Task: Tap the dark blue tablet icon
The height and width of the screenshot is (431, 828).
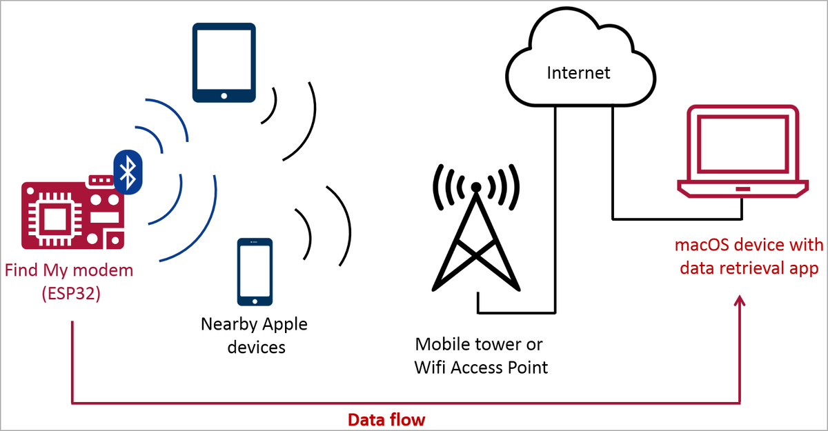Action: pos(224,63)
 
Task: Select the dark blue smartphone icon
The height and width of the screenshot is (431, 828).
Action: pos(255,272)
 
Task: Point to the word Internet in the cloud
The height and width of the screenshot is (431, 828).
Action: pos(578,72)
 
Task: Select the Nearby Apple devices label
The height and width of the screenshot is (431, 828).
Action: pos(254,335)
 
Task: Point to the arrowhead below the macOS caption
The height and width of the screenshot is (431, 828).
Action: pos(741,301)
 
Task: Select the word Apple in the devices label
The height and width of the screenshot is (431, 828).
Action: pos(284,324)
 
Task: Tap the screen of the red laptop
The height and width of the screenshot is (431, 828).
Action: pos(742,146)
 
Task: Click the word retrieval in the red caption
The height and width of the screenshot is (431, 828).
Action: pos(753,268)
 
